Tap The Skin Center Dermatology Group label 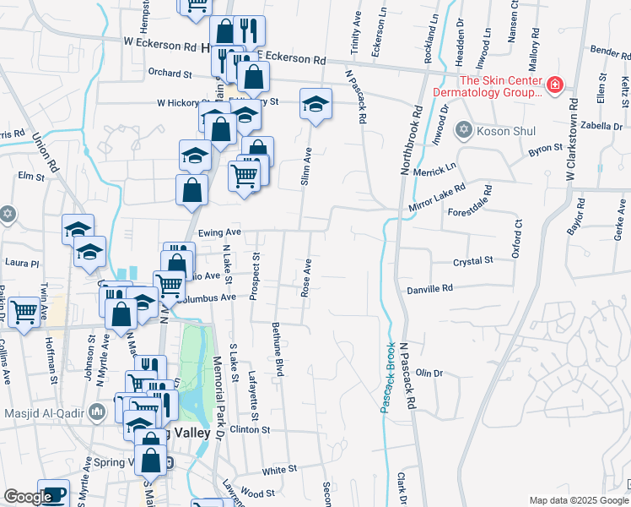tap(487, 87)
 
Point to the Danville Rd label tap(430, 288)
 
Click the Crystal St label tap(472, 262)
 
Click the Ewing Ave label tap(218, 232)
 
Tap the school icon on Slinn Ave tap(316, 105)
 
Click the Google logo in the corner tap(28, 497)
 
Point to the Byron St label tap(545, 149)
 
